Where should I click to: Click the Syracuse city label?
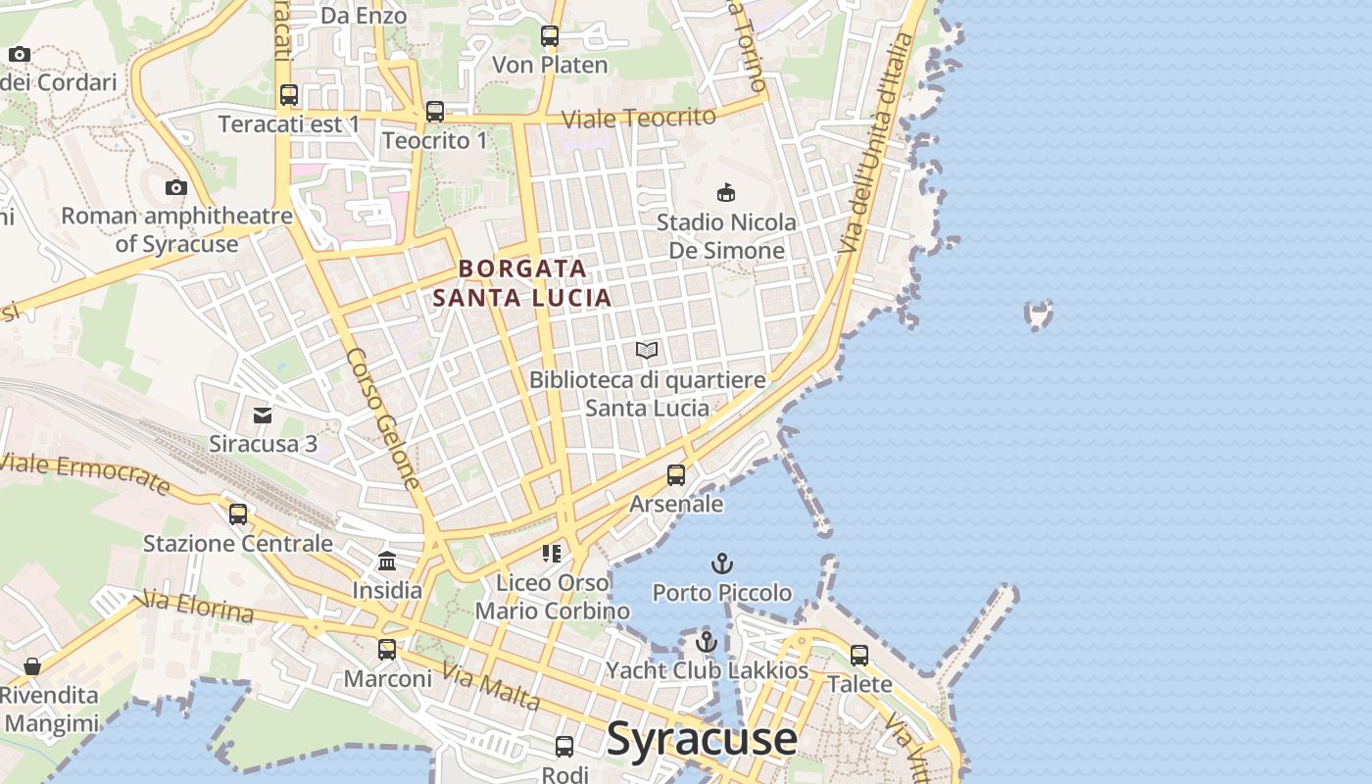[x=702, y=739]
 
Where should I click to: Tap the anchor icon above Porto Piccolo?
[x=722, y=563]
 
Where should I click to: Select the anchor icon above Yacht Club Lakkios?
[x=707, y=642]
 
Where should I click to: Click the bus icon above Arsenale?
[x=676, y=475]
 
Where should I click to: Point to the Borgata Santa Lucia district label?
[x=523, y=282]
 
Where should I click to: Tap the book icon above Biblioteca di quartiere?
[x=647, y=350]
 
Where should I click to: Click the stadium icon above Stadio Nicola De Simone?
[x=726, y=192]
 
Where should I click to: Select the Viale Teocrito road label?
[x=639, y=118]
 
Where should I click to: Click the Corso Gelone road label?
[x=384, y=418]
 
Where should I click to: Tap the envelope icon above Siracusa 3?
[x=263, y=416]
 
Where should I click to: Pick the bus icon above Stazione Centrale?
[x=238, y=514]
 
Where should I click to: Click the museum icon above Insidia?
[x=387, y=563]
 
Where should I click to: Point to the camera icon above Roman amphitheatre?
[x=176, y=187]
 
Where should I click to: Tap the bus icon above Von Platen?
[x=550, y=37]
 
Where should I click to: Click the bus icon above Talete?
[x=859, y=655]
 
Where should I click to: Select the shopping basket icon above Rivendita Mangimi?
[x=32, y=666]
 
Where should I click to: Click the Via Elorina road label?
[x=198, y=607]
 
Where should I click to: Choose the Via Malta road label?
[x=490, y=686]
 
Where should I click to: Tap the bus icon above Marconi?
[x=387, y=649]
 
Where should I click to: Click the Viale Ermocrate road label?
[x=85, y=472]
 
